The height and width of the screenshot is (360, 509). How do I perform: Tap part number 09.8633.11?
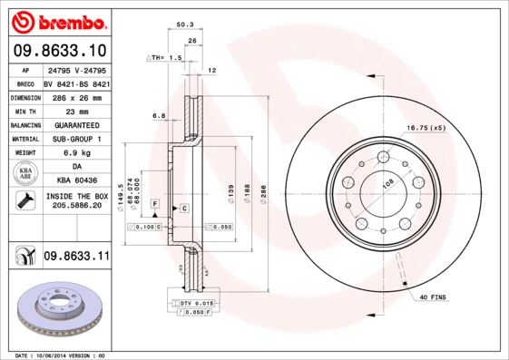tap(76, 258)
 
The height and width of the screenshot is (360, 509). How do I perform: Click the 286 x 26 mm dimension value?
tap(77, 96)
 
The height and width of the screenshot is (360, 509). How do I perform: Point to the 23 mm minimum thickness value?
tap(77, 111)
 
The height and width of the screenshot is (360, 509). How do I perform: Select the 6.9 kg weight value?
tap(77, 153)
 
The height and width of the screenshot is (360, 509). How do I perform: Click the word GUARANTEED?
tap(77, 125)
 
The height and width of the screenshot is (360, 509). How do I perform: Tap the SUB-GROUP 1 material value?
tap(77, 139)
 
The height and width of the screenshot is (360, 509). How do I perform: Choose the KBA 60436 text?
tap(77, 181)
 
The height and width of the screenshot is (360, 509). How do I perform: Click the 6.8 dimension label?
tap(159, 115)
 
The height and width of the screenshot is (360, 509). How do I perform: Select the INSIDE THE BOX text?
tap(77, 196)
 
